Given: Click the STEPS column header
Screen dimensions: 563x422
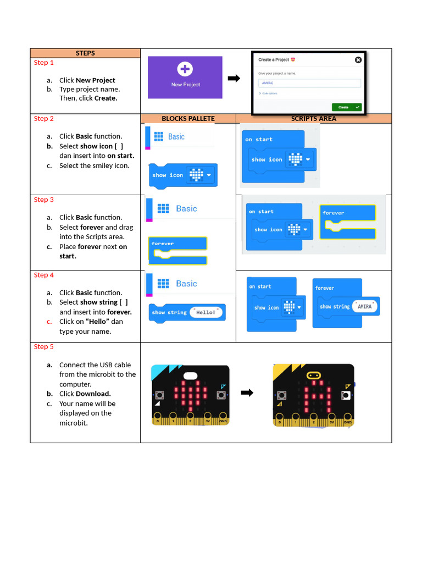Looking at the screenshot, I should [x=85, y=53].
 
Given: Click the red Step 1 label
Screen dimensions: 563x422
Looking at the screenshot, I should [x=44, y=63].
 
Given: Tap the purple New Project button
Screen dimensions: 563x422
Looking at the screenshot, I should [x=185, y=78].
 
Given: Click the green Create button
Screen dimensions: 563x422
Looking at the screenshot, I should [x=346, y=107].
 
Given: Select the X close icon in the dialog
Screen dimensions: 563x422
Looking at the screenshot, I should [x=358, y=60].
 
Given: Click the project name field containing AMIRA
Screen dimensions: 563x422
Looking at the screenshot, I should [x=309, y=83].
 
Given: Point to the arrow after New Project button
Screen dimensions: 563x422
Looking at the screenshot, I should [x=234, y=79].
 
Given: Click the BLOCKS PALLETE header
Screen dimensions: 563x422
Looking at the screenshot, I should [x=188, y=119].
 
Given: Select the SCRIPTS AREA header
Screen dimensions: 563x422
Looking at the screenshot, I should [x=313, y=119].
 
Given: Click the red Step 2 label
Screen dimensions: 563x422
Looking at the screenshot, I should [x=44, y=119].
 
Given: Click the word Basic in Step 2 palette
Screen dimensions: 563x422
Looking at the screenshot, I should [x=176, y=137].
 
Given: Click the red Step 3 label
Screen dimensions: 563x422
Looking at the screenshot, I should [x=44, y=200].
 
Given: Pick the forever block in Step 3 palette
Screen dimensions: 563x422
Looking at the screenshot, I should [x=178, y=251].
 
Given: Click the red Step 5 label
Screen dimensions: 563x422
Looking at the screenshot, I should [x=44, y=347].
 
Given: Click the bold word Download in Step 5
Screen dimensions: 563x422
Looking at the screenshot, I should [x=93, y=394].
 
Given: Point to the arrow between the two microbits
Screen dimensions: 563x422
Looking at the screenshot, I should [x=247, y=393].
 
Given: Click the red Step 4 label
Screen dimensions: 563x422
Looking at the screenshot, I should [x=44, y=275].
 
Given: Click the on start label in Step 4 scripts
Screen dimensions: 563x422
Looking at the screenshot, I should [x=260, y=286].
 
